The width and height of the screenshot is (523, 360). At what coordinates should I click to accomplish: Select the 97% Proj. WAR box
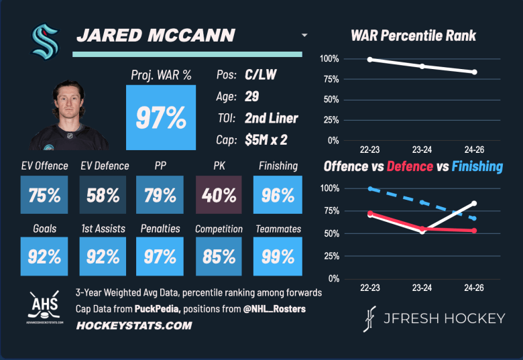161,117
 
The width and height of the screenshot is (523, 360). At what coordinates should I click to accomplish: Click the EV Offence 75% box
44,195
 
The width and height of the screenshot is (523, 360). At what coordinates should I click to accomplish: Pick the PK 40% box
219,195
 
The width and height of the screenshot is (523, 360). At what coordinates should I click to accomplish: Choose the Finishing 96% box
278,195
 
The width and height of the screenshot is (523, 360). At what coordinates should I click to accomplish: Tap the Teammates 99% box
278,256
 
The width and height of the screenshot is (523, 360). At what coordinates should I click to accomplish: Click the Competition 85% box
219,256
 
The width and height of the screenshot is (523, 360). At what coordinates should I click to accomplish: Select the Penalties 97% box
161,256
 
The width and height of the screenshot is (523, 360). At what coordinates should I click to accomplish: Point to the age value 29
252,97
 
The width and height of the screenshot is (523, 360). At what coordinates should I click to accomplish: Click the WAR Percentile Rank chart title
413,35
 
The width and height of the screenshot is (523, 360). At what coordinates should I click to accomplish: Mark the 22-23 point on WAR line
370,60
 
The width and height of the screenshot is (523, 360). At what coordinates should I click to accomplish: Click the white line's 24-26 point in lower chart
474,203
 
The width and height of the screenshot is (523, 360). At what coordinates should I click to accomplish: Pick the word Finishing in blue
477,166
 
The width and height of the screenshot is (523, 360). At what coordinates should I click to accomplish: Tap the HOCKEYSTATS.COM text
134,326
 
